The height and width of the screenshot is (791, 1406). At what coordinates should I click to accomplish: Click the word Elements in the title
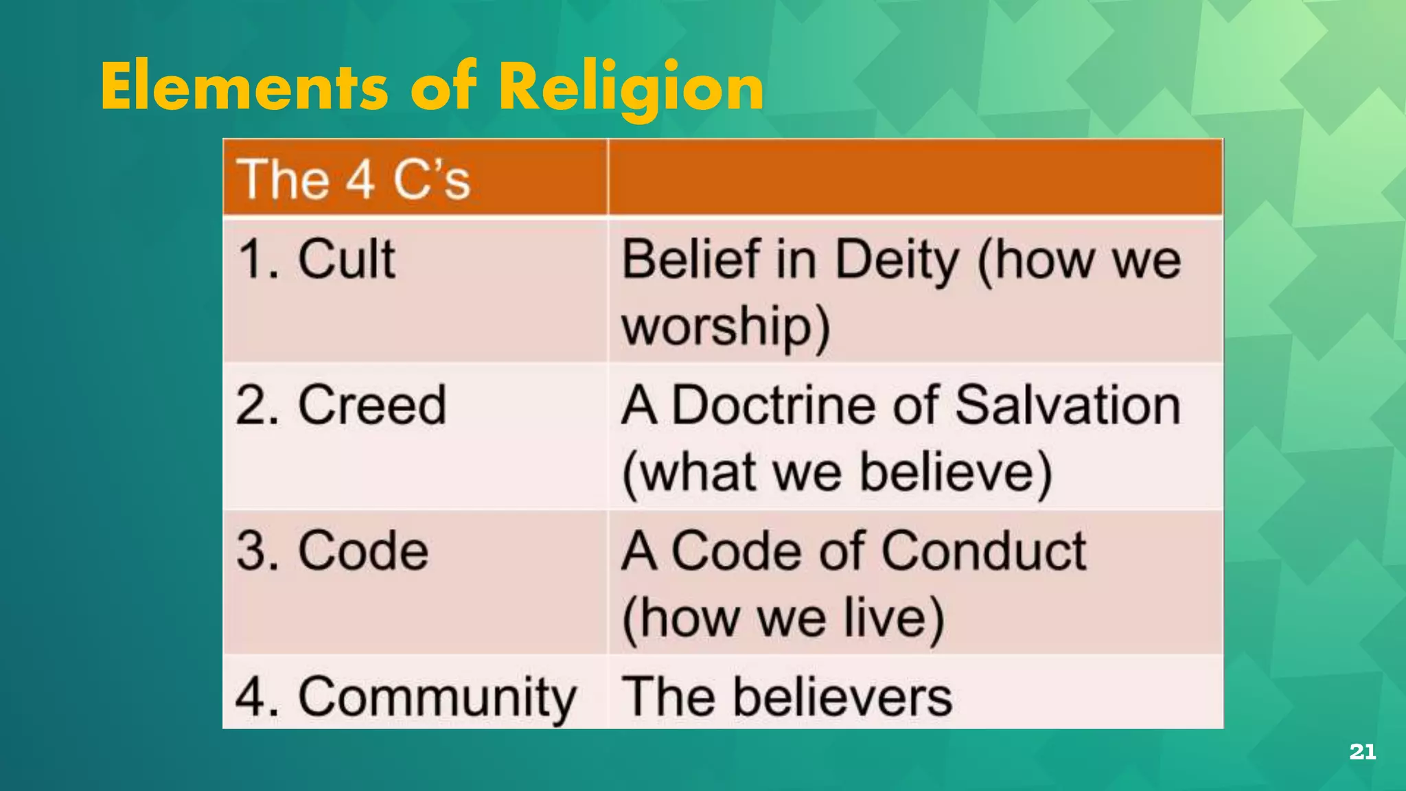(x=244, y=87)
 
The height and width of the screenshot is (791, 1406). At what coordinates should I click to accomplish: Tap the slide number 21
(x=1362, y=752)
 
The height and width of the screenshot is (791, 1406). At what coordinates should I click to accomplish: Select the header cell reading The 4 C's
(x=354, y=179)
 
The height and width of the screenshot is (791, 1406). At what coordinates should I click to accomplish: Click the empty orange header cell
(x=914, y=177)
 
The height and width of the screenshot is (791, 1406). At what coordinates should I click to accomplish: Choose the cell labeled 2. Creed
(x=341, y=405)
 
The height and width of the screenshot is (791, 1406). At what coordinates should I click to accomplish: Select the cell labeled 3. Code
(x=332, y=551)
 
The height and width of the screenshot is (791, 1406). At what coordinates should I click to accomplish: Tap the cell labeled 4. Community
(x=405, y=697)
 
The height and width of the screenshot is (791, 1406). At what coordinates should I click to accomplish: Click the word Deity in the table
(x=897, y=261)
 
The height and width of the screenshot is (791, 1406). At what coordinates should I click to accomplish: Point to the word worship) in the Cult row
(x=726, y=327)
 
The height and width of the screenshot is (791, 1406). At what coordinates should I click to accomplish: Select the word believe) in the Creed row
(x=956, y=472)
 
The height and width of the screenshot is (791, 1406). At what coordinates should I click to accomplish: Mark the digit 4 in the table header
(x=360, y=180)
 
